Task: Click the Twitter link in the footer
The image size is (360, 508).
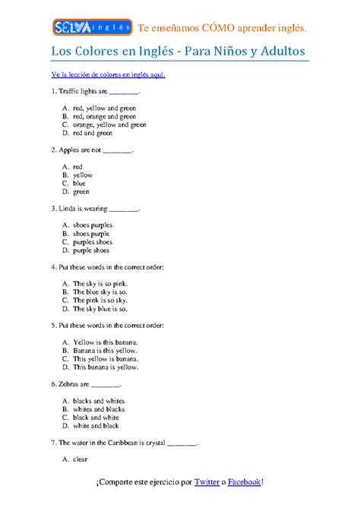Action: [207, 481]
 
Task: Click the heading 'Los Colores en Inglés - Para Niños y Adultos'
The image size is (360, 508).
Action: [178, 51]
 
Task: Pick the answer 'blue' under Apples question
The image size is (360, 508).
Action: [80, 183]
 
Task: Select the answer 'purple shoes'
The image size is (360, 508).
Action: [91, 250]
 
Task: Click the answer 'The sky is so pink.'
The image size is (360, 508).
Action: [100, 283]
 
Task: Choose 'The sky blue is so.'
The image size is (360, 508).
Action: [100, 308]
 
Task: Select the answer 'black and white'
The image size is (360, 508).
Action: [96, 417]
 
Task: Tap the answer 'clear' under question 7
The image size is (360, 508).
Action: [81, 459]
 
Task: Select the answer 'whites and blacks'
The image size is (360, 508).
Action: [99, 409]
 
